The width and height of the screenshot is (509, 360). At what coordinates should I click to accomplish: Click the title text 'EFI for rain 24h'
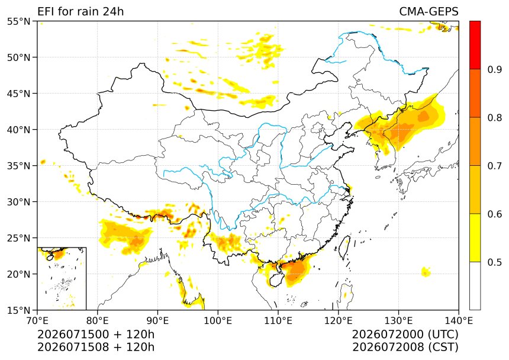coord(80,12)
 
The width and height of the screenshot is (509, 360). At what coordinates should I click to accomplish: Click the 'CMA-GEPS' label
coord(429,12)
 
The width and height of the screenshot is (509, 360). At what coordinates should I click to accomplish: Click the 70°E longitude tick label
coord(37,321)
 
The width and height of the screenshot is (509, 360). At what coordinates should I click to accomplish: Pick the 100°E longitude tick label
coord(218,321)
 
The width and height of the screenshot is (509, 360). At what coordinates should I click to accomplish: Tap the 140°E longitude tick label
coord(458,321)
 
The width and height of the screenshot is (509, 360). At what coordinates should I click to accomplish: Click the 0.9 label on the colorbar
coord(495,69)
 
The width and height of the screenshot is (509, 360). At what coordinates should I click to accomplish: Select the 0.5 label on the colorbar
coord(495,262)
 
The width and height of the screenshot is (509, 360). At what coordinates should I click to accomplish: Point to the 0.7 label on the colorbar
coord(495,166)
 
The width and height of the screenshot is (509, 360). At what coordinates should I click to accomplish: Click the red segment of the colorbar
coord(475,45)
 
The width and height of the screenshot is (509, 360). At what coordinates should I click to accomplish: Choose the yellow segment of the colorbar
coord(475,237)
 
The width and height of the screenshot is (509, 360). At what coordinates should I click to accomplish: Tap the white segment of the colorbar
coord(475,285)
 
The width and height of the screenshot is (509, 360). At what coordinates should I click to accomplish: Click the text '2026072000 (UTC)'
coord(405,334)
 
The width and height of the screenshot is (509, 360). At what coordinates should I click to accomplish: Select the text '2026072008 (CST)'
coord(405,347)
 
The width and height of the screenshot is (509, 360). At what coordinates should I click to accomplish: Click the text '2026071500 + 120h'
coord(96,334)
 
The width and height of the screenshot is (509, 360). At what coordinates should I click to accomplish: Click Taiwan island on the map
coord(344,247)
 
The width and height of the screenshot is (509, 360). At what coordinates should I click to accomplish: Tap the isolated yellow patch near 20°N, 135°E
coord(426,272)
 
